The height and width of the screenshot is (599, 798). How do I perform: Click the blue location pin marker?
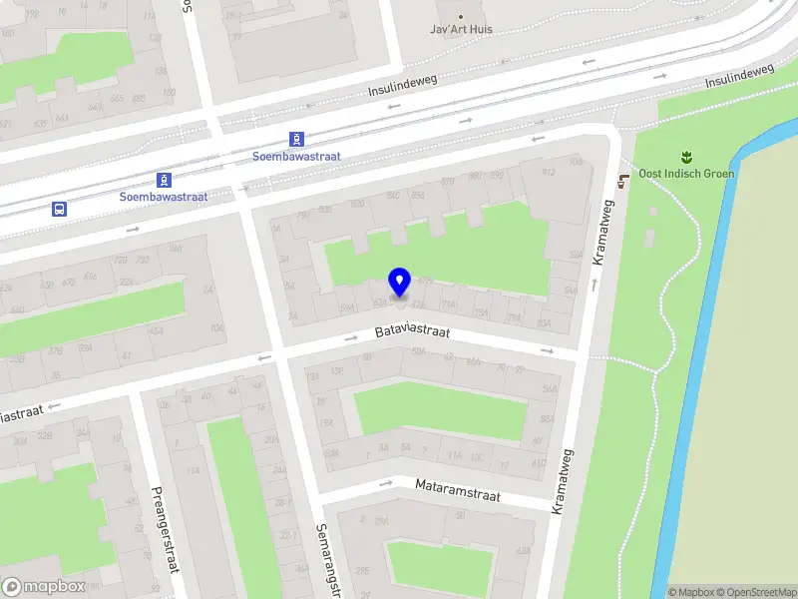[x=400, y=282]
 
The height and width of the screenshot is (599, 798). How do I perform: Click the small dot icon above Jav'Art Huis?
[x=460, y=16]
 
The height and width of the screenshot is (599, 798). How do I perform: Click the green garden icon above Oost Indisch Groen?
[x=685, y=156]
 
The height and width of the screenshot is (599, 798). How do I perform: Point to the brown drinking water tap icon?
[x=623, y=180]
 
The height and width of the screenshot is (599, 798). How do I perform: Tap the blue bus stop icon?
[x=60, y=209]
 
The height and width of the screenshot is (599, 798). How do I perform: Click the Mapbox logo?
[x=44, y=587]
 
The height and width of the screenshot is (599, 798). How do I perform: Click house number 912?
[x=548, y=172]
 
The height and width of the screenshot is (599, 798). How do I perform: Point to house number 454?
[x=155, y=330]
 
